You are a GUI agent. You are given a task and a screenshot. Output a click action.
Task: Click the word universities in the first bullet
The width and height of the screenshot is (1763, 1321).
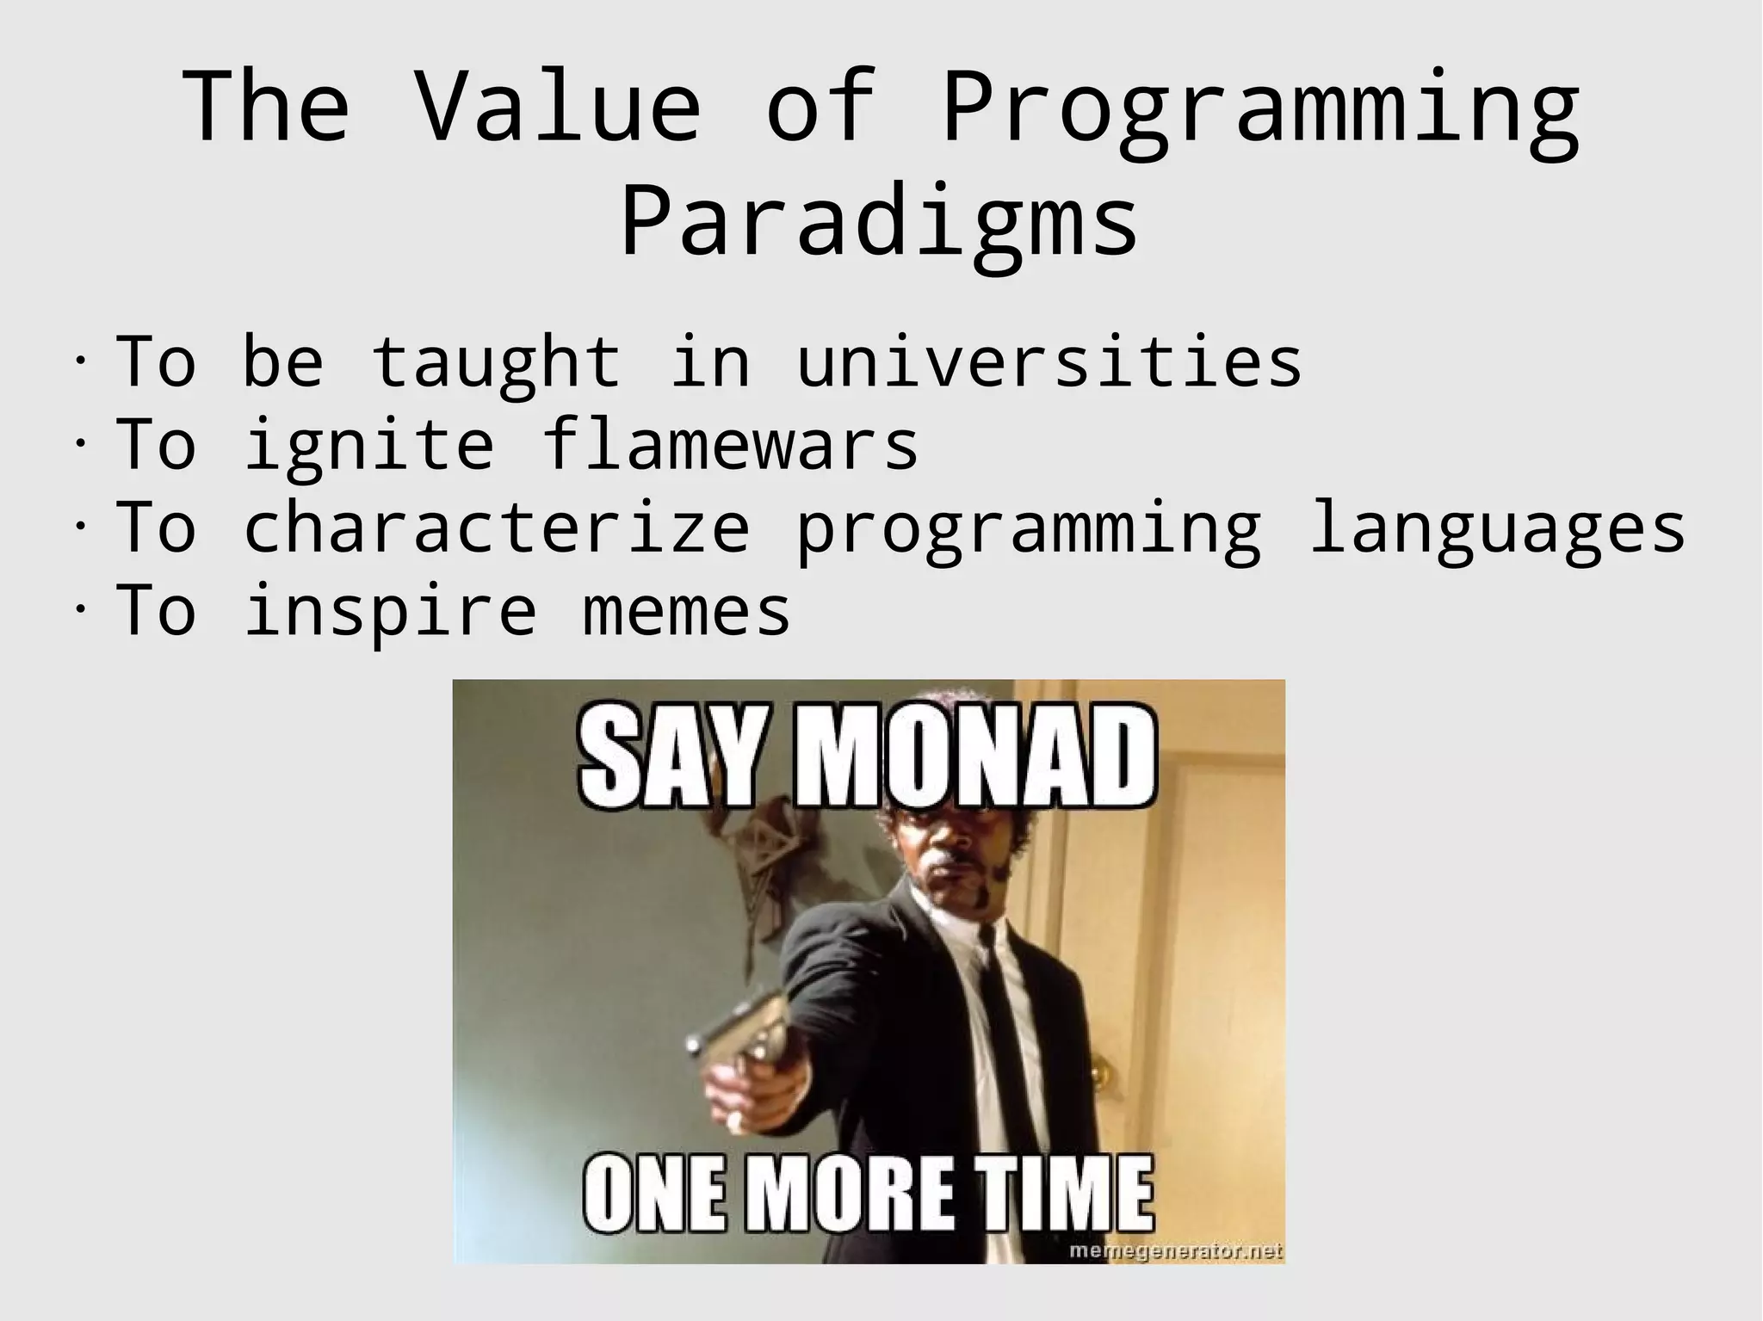(x=1049, y=362)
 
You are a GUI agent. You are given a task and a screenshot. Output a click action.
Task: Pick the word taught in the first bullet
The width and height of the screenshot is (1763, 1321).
(x=497, y=362)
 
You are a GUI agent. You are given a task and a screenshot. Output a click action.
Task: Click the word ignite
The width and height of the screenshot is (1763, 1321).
(x=369, y=445)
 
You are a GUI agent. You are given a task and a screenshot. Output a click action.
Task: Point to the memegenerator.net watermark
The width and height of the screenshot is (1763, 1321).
(x=1175, y=1250)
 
